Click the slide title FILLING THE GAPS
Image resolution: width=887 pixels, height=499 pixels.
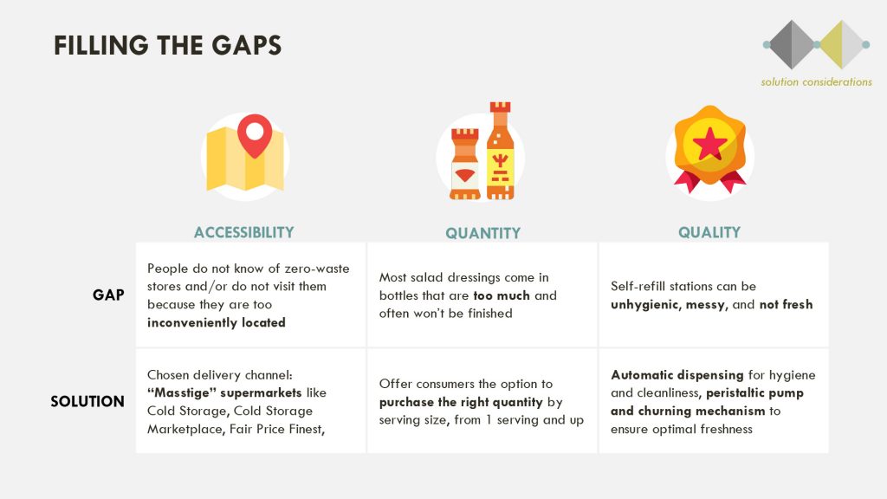[x=167, y=45]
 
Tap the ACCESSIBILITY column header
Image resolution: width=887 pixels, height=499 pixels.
[x=243, y=232]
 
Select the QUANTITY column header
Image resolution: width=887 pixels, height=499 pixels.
[x=482, y=233]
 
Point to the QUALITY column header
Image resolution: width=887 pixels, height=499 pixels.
[x=709, y=232]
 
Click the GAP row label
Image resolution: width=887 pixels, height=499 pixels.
[x=108, y=295]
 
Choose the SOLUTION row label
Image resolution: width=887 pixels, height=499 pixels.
[x=87, y=401]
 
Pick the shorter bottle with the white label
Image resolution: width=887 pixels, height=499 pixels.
[x=465, y=164]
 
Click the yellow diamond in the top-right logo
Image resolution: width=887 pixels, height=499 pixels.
[x=841, y=45]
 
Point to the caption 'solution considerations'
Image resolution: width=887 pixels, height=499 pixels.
[x=816, y=82]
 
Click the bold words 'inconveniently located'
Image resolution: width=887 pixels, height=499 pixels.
[x=216, y=322]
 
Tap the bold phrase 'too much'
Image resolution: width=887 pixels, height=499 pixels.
[x=502, y=295]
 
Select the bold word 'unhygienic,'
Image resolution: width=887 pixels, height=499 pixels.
[x=646, y=304]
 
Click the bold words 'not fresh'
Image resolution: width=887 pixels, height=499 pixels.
[x=786, y=304]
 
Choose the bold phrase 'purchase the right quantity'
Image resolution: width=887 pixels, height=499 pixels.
[x=461, y=402]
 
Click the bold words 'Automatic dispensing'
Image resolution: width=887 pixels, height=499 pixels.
[x=677, y=375]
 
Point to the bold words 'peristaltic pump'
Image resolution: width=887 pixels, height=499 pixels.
[x=754, y=393]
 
